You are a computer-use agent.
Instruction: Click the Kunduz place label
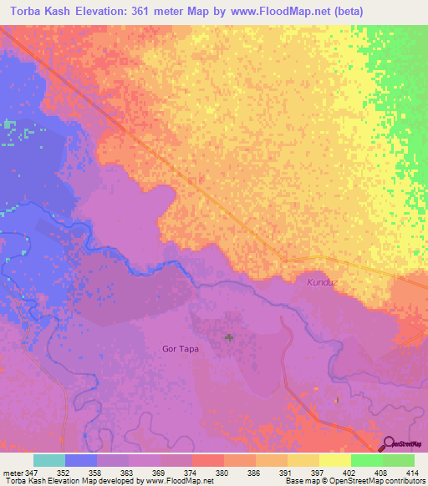(321, 283)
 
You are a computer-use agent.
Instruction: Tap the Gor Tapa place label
(180, 348)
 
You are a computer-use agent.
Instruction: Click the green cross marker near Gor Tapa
(229, 337)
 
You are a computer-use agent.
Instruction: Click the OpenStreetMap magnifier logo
(389, 445)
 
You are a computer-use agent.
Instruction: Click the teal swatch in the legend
(49, 460)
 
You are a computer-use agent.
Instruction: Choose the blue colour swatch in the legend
(81, 460)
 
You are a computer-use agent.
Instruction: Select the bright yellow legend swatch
(334, 460)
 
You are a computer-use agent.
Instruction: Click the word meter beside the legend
(12, 472)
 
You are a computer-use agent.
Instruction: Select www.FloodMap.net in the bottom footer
(176, 481)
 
